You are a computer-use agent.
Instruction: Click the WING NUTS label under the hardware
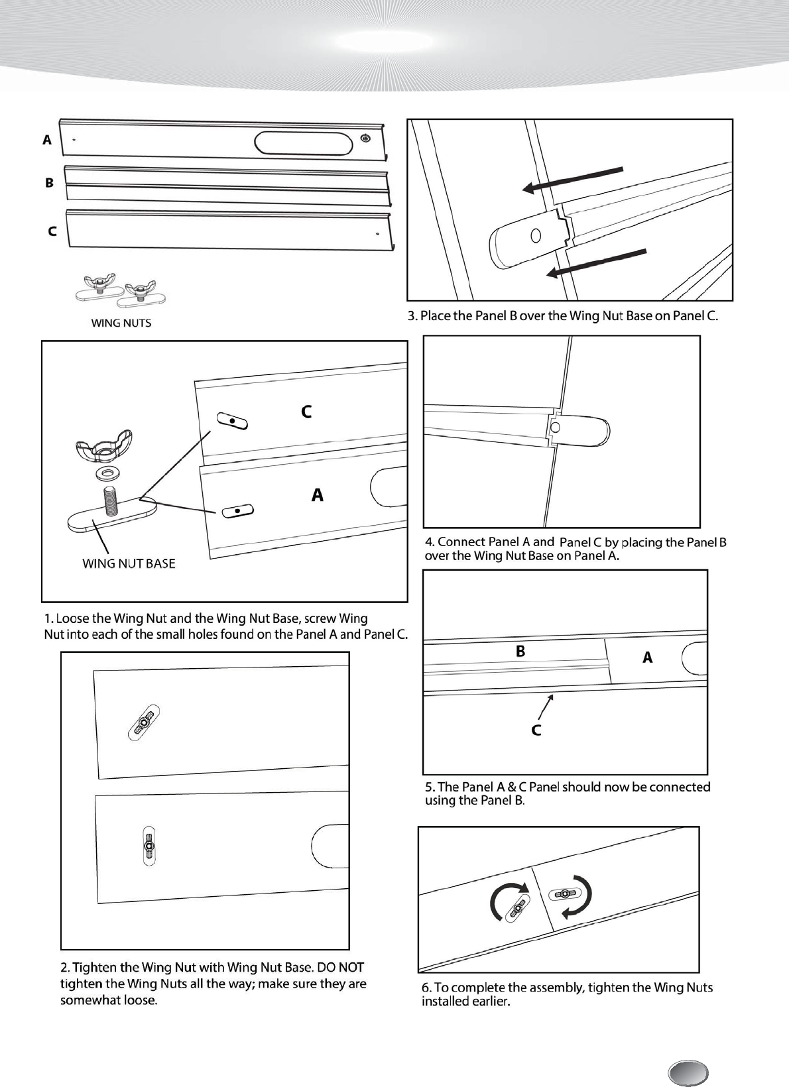(x=121, y=323)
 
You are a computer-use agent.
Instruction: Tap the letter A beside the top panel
(x=47, y=140)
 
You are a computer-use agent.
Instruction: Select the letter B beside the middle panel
(x=49, y=182)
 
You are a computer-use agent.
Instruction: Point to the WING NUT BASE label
(x=129, y=563)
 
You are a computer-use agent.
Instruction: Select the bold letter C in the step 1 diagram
(x=306, y=412)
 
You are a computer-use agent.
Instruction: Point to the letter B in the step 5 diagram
(x=520, y=652)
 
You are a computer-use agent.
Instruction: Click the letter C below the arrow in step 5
(x=536, y=730)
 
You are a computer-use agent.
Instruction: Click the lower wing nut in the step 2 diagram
(x=149, y=845)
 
